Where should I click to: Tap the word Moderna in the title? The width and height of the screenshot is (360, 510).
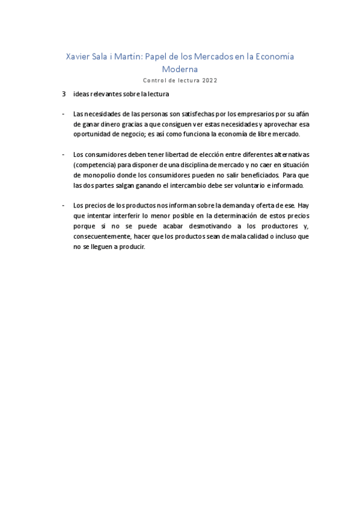point(180,69)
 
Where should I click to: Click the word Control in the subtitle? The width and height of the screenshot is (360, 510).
point(155,80)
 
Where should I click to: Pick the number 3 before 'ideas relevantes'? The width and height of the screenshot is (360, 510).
point(64,94)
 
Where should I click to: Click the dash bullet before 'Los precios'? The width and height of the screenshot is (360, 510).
point(64,205)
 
